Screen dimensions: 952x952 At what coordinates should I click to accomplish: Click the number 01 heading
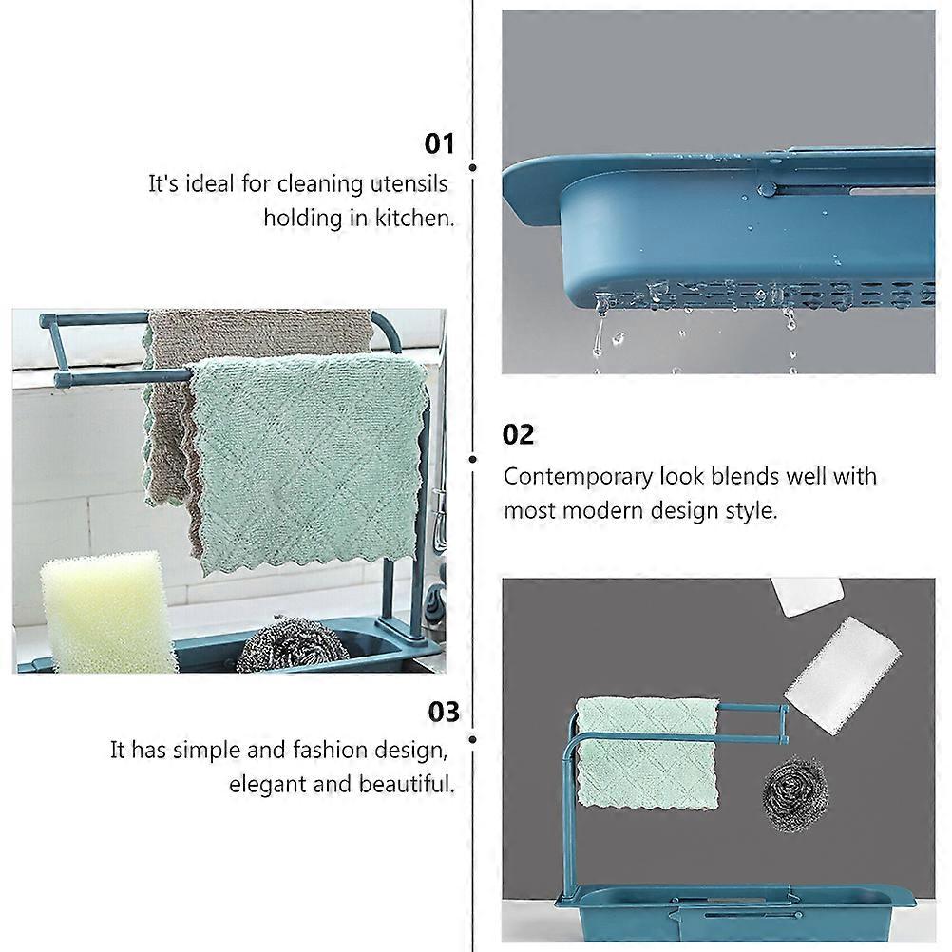439,143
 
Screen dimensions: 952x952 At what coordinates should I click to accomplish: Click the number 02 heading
518,435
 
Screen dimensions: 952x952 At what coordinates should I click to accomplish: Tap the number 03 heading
443,712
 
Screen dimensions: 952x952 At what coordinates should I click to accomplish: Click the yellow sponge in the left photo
105,613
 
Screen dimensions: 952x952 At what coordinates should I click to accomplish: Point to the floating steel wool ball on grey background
795,793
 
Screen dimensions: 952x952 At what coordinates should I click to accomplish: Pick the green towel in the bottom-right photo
647,752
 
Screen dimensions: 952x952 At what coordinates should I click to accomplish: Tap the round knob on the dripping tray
768,189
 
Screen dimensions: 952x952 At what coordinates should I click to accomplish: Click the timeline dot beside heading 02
473,460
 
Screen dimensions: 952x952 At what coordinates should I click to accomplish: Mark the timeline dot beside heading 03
473,739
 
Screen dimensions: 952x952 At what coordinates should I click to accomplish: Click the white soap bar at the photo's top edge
807,597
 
